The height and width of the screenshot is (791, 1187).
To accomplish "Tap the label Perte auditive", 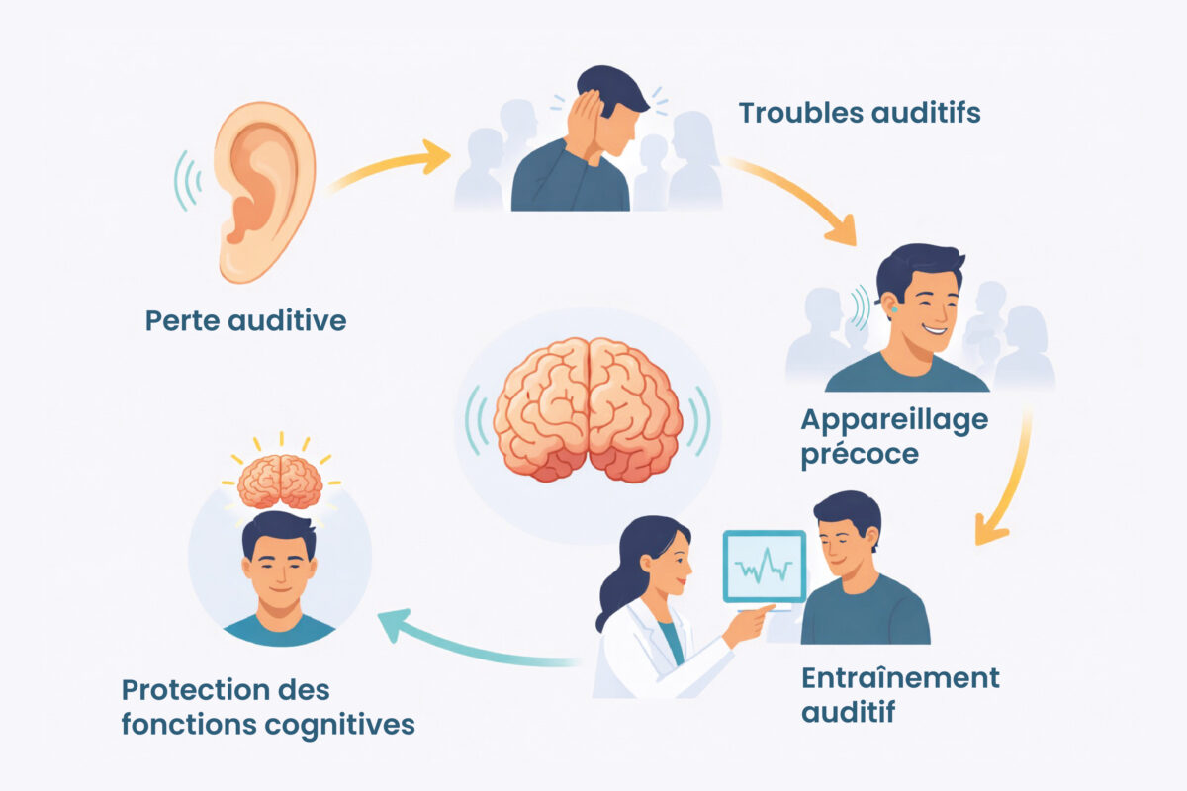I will coord(245,321).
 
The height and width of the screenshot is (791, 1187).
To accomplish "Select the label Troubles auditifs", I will coord(859,113).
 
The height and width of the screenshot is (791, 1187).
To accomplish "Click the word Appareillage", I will coord(893,420).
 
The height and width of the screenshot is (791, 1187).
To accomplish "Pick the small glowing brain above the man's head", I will coord(280,481).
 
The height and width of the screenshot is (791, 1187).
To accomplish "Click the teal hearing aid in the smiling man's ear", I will coord(893,310).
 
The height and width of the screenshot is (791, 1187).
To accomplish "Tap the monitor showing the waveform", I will coord(764,567).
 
